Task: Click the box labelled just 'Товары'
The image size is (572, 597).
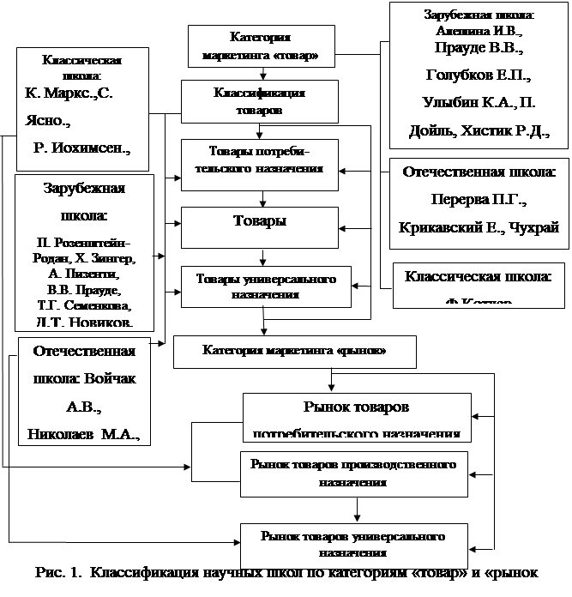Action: pyautogui.click(x=260, y=221)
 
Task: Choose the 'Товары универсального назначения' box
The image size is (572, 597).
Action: pyautogui.click(x=265, y=286)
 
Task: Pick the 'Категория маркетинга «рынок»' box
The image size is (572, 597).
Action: pyautogui.click(x=293, y=351)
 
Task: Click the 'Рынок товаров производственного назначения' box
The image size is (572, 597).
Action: pyautogui.click(x=353, y=473)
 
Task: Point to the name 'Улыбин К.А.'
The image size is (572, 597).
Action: pyautogui.click(x=464, y=103)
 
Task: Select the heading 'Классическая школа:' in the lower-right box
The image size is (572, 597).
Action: pyautogui.click(x=478, y=277)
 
